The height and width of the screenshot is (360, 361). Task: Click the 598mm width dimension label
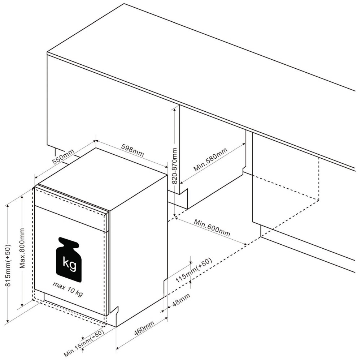click(132, 150)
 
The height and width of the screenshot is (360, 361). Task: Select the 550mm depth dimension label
click(63, 157)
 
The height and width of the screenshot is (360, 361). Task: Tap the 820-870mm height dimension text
click(175, 166)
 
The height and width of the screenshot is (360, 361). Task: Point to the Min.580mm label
click(210, 159)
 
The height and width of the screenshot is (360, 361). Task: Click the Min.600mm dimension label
click(212, 228)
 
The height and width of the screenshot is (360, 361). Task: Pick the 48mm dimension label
click(181, 300)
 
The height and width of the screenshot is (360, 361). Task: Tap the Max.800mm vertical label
click(22, 248)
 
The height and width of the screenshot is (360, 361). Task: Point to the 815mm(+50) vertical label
click(8, 265)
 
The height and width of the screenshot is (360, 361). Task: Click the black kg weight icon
click(69, 260)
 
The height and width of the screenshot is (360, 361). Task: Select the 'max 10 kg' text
click(68, 289)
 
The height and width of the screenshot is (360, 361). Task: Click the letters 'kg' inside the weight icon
click(69, 264)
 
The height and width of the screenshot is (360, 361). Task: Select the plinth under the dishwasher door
click(74, 304)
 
